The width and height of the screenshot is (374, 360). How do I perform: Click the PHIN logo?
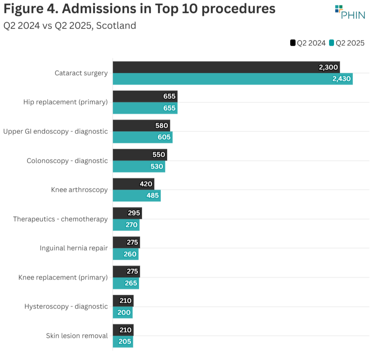(x=350, y=12)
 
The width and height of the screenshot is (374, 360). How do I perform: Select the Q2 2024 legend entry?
(x=308, y=43)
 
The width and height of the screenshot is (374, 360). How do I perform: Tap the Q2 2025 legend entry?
(x=347, y=43)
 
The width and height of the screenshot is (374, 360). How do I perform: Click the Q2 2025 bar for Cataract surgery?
(x=232, y=79)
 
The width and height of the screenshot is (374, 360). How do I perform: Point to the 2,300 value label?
(x=328, y=67)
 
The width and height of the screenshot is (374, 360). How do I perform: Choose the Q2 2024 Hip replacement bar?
(x=145, y=96)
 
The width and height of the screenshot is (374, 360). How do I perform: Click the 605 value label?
(x=164, y=137)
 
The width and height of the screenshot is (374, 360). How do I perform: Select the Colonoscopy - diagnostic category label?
(x=67, y=161)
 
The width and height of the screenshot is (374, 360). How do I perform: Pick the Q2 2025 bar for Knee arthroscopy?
(x=136, y=196)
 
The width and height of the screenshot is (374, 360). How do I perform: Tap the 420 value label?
(x=146, y=184)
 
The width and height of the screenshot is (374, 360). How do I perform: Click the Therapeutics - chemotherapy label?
(x=60, y=219)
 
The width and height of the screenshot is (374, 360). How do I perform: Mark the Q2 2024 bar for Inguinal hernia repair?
(x=126, y=243)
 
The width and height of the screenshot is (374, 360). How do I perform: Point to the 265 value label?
(x=131, y=283)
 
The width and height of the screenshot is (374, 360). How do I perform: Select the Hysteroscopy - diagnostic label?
(x=66, y=306)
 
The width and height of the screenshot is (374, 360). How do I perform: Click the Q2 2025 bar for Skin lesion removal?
(x=123, y=341)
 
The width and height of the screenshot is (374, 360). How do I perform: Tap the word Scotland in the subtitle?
(x=116, y=26)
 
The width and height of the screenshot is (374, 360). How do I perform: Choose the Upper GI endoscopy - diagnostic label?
(x=55, y=132)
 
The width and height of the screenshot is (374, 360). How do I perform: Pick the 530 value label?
(x=157, y=167)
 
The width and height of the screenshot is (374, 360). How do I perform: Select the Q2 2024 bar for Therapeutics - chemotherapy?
(x=127, y=213)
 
